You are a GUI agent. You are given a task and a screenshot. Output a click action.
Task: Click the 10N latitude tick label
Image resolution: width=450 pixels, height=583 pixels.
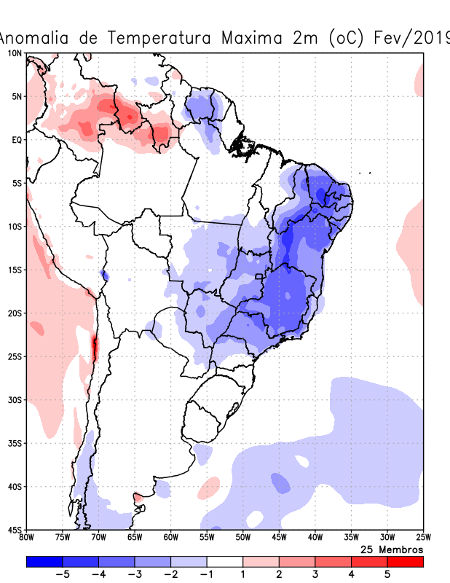click(15, 53)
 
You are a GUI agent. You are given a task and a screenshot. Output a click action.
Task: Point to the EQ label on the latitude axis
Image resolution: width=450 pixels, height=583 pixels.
click(17, 140)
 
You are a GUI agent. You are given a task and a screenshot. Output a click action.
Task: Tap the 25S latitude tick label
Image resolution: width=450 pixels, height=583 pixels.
click(15, 356)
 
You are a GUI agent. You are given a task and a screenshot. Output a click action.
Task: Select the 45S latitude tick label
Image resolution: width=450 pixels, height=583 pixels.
click(15, 530)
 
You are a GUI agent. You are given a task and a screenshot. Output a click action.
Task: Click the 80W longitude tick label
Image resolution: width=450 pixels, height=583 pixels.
click(27, 539)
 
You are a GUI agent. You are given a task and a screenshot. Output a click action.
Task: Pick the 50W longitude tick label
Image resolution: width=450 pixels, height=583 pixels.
click(242, 539)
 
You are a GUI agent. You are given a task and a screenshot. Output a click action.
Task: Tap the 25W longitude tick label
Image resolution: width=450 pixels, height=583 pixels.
click(422, 539)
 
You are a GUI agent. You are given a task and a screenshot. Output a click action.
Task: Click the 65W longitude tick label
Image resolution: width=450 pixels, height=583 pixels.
click(135, 539)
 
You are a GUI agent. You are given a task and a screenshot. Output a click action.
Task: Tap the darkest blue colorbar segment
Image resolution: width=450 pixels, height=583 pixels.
click(44, 562)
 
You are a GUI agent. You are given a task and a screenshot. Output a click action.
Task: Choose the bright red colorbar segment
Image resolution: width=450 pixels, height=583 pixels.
click(405, 562)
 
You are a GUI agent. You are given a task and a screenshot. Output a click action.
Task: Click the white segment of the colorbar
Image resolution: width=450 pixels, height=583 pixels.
click(224, 562)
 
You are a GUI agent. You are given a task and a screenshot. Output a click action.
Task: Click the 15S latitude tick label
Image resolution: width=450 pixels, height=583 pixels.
click(15, 270)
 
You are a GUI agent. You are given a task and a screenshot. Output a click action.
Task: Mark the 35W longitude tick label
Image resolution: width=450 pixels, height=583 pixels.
click(350, 539)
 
